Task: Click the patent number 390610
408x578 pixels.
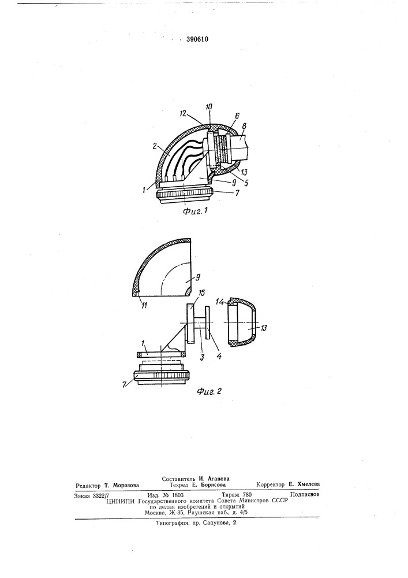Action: point(197,39)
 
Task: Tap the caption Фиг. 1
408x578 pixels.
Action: point(196,211)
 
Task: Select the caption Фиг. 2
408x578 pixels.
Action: point(209,392)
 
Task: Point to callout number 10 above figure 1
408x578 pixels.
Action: point(209,106)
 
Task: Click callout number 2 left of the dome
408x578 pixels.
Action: point(155,146)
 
